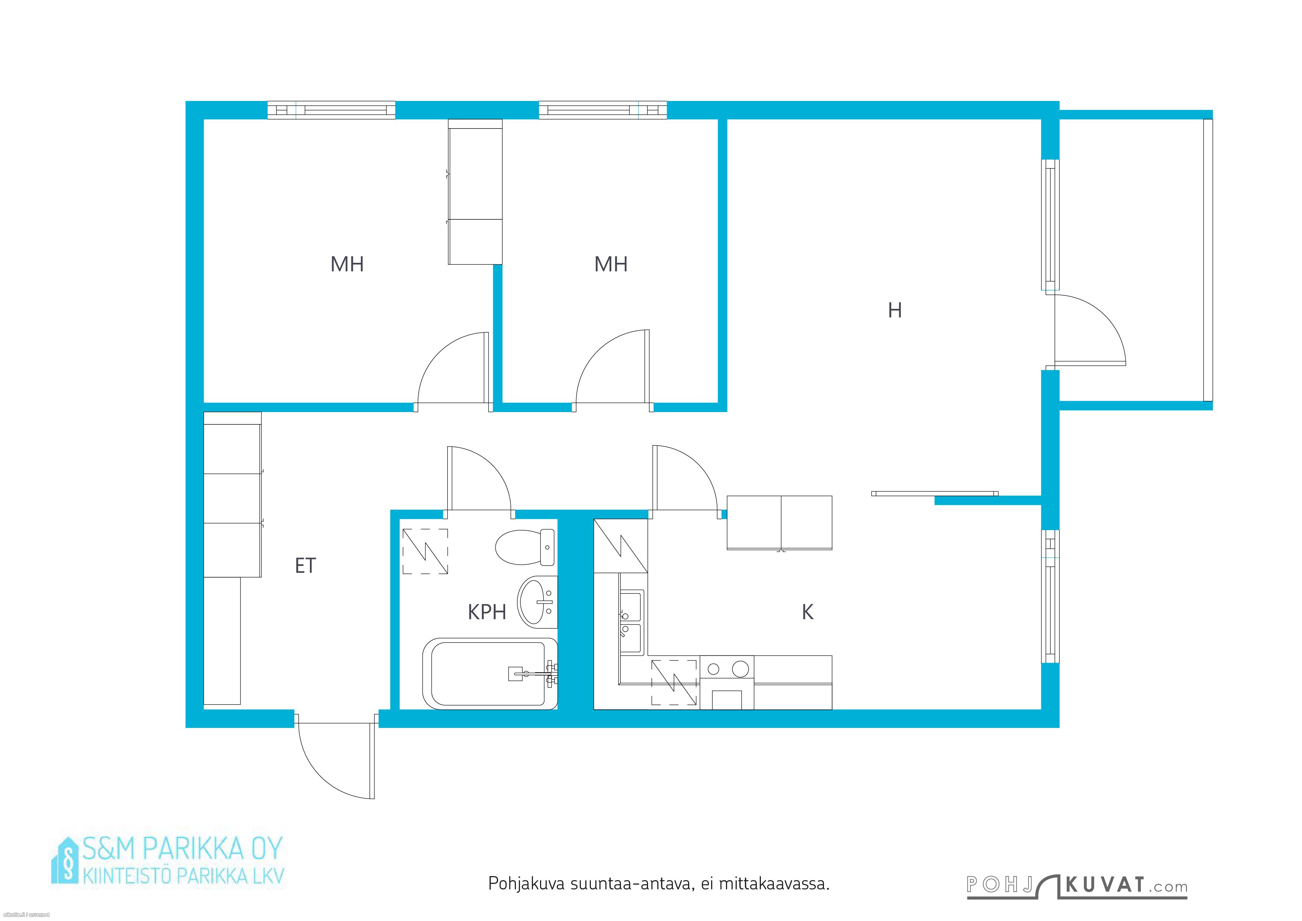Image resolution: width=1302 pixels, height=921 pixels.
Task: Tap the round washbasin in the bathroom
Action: [537, 602]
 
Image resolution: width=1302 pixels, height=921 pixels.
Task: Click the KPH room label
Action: [487, 613]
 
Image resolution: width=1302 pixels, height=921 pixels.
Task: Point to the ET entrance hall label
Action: [305, 565]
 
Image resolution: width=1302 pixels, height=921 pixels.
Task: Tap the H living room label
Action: [895, 310]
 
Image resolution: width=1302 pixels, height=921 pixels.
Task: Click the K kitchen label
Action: [808, 612]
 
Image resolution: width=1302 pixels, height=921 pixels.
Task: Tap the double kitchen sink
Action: [632, 622]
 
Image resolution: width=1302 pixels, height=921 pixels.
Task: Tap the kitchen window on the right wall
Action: [1051, 596]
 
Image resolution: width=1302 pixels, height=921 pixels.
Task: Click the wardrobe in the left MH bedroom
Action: [475, 192]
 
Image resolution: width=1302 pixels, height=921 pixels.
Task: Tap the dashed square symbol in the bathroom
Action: [425, 551]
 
